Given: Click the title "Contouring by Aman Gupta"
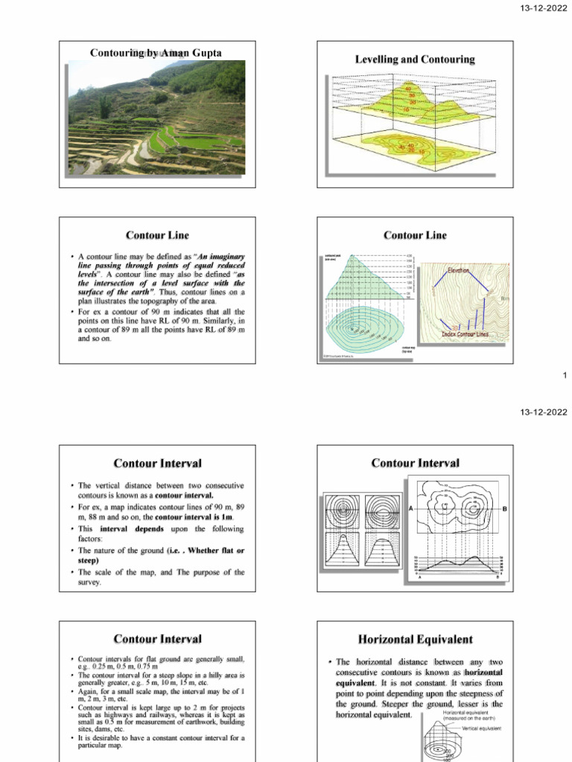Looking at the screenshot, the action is point(156,53).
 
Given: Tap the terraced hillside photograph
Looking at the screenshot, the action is point(156,118).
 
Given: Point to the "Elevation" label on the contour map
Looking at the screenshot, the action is point(469,271).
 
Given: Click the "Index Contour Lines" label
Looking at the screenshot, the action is point(474,334).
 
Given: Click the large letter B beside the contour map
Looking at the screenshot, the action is point(504,508).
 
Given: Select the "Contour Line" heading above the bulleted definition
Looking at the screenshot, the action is point(157,235).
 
